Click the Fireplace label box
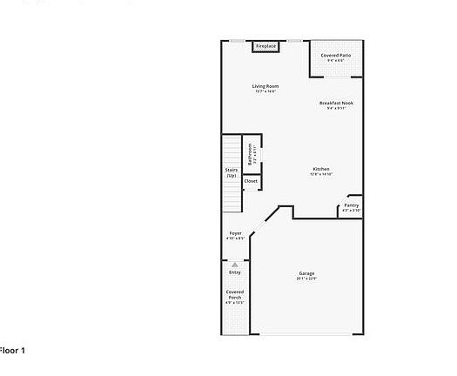click(265, 46)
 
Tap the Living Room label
click(265, 85)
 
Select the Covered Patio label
click(336, 55)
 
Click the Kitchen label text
click(321, 169)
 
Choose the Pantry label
click(351, 205)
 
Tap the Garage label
click(306, 273)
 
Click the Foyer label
click(235, 233)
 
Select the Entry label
click(235, 272)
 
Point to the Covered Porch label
click(235, 294)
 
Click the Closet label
click(251, 182)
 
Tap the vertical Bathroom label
click(251, 154)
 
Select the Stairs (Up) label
click(232, 172)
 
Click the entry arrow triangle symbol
click(235, 263)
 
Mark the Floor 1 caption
click(13, 350)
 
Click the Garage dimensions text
click(306, 279)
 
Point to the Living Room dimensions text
click(265, 91)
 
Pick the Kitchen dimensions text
click(321, 174)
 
